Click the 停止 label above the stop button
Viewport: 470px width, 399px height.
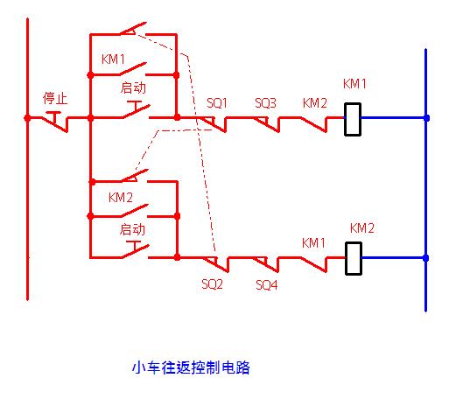(55, 97)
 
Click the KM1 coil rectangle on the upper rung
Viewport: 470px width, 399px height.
(353, 118)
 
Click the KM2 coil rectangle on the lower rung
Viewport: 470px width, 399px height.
(354, 258)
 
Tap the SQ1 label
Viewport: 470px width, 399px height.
(216, 102)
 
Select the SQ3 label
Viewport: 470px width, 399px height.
(265, 102)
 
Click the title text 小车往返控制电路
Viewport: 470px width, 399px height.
(191, 367)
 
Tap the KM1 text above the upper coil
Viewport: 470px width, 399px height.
(354, 85)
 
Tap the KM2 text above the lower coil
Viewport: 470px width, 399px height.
(361, 227)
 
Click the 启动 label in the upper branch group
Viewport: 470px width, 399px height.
(132, 87)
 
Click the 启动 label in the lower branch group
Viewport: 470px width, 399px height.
(132, 229)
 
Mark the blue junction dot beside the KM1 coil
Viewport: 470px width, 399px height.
(426, 117)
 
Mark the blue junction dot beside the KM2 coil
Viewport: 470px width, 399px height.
(426, 258)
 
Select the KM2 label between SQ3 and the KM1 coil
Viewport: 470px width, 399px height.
(314, 102)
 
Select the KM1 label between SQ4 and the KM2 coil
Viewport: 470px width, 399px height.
(313, 241)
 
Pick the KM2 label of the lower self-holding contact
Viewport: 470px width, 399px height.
(121, 198)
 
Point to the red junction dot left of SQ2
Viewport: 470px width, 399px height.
(178, 257)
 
